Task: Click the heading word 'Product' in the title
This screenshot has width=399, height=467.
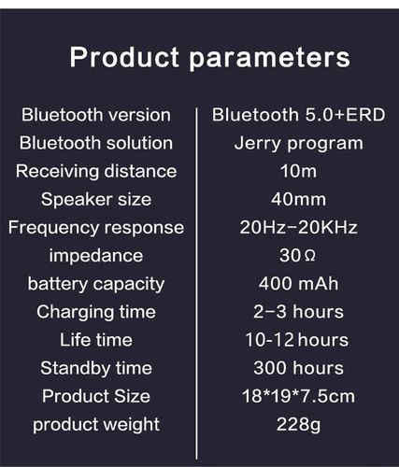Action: coord(124,58)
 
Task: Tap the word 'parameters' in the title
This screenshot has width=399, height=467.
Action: coord(270,58)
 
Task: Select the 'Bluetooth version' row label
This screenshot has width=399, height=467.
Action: coord(96,115)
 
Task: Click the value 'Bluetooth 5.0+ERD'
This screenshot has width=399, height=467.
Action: coord(298,115)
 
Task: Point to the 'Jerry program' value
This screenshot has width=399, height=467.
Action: coord(298,143)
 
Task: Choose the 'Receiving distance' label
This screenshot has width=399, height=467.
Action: coord(96,171)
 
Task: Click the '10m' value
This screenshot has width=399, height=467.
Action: coord(298,171)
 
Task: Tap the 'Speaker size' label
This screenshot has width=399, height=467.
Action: coord(96,199)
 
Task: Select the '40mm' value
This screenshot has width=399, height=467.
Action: coord(298,199)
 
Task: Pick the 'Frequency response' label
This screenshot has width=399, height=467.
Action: coord(96,227)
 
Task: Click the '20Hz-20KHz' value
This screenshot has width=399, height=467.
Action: coord(298,227)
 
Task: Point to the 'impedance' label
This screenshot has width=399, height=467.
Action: coord(96,255)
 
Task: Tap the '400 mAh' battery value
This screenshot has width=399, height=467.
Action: coord(298,283)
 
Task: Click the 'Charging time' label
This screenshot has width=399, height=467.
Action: coord(96,311)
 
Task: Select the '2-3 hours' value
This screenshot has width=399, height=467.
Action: coord(298,311)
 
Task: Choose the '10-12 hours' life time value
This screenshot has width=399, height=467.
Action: coord(298,339)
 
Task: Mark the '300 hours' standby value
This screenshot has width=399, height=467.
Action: coord(298,367)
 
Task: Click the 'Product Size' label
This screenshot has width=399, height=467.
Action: coord(96,396)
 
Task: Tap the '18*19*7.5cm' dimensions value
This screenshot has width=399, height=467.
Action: coord(298,396)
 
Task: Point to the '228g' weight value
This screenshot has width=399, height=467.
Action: coord(298,424)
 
